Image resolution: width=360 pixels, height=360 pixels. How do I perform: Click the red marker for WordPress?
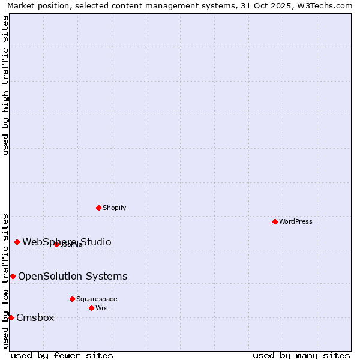click(275, 221)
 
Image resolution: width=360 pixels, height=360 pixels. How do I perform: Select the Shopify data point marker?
click(98, 208)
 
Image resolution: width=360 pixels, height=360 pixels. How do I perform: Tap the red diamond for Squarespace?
click(72, 299)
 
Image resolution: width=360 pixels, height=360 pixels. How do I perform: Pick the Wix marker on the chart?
click(91, 308)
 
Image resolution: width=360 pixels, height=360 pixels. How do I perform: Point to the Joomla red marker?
click(56, 244)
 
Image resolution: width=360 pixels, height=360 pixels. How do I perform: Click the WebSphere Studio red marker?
click(17, 242)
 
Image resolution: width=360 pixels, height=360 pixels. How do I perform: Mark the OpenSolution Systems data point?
click(13, 276)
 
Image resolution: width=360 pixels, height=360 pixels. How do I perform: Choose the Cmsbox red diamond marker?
click(11, 317)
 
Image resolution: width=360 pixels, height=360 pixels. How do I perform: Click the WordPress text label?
click(296, 221)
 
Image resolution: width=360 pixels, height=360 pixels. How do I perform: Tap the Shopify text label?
click(114, 208)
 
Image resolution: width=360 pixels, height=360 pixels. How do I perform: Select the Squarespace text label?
click(97, 299)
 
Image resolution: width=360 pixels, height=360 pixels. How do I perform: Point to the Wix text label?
click(101, 308)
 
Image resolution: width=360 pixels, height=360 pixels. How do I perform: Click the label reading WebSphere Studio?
click(67, 242)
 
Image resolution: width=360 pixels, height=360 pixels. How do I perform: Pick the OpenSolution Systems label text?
click(73, 276)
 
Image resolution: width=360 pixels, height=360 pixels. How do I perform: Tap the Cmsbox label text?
click(35, 317)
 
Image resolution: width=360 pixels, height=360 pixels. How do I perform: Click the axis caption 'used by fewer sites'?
click(62, 355)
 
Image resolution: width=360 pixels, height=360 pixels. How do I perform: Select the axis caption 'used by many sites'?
click(301, 355)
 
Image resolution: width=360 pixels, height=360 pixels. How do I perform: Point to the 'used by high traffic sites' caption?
click(5, 85)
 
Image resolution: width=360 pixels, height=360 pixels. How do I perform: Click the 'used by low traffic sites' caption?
click(5, 280)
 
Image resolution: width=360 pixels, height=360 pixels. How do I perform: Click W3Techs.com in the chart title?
click(322, 5)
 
